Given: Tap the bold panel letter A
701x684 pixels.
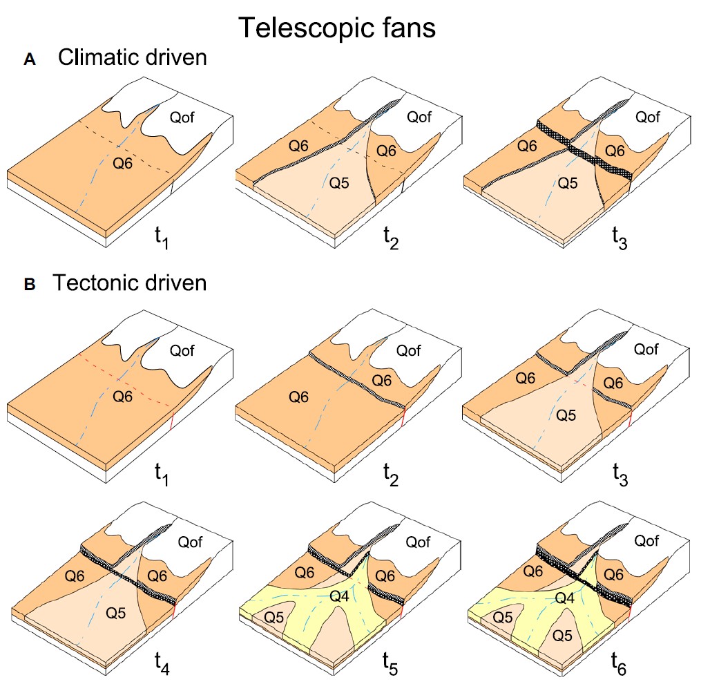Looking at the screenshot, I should pyautogui.click(x=29, y=60).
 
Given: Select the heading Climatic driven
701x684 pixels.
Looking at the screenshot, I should pyautogui.click(x=132, y=57).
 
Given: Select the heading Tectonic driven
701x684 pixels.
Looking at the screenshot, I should pyautogui.click(x=130, y=283).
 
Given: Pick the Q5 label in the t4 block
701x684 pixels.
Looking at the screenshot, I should pyautogui.click(x=116, y=612).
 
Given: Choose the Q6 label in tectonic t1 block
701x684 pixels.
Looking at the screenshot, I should pyautogui.click(x=123, y=396).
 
